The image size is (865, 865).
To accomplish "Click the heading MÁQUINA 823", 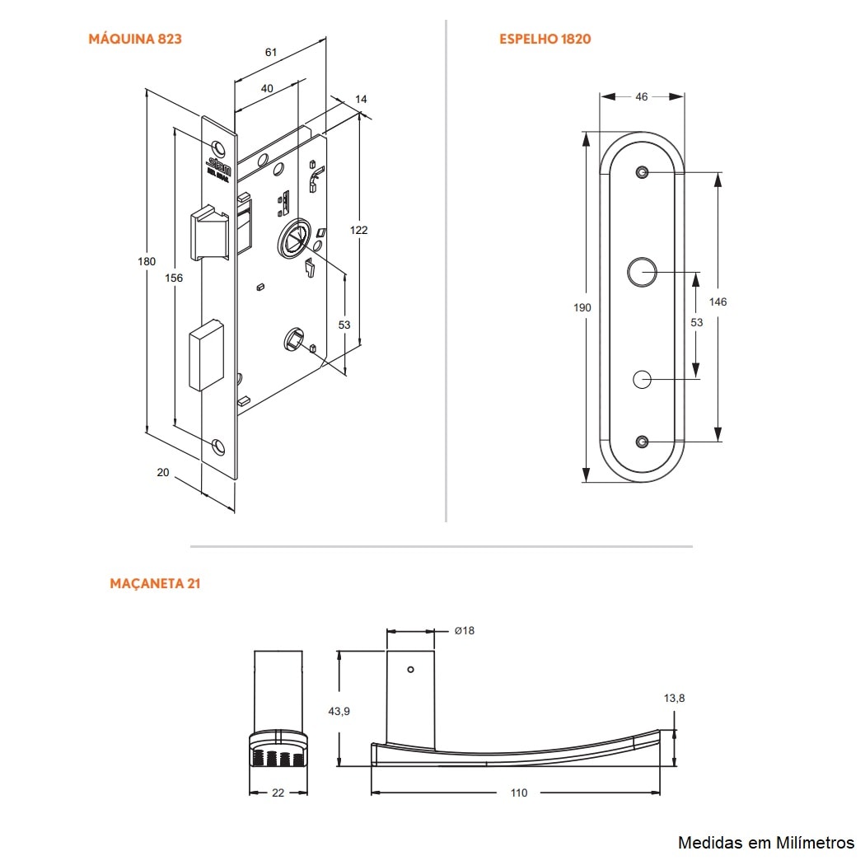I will coord(134,39).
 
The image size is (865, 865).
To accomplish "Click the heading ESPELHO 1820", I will coord(545,39).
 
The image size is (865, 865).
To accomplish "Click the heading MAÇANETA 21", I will coord(155,583).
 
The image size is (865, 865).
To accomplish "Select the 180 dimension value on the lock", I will coord(146,262).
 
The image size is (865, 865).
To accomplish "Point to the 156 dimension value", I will coord(174,278).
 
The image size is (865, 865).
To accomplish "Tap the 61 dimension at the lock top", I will coord(270,52).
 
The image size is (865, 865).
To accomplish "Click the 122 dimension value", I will coord(358,230).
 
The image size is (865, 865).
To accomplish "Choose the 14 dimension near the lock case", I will coord(361,99).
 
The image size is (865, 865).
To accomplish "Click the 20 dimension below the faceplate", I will coord(162,472).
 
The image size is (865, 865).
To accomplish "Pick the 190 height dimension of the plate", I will coord(582,307).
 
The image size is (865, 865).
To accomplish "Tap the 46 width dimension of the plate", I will coord(642,96).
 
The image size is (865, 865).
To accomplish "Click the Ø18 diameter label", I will coord(465,631).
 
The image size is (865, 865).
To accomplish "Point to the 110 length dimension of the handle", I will coord(518,793).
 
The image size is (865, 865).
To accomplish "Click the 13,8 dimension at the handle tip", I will coord(674,699).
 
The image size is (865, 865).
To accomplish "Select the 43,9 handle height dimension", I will coord(339,711).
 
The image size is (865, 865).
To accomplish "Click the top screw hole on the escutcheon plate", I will coord(642,172).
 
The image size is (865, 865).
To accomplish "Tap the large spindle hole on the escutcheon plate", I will coord(641,272).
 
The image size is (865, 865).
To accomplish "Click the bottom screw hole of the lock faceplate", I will coord(218,447).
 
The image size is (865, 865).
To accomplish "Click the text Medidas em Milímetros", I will coord(765,842).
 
